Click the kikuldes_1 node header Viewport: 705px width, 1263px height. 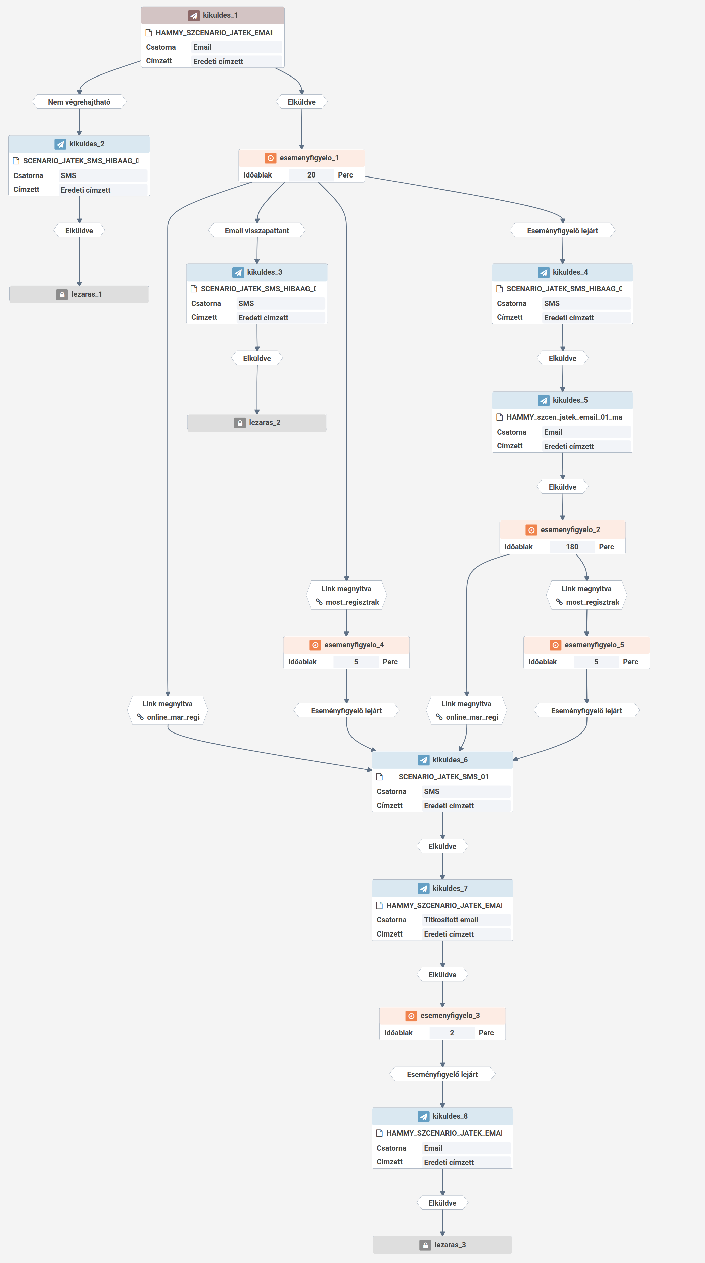[213, 15]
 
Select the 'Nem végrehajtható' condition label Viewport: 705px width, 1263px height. [79, 102]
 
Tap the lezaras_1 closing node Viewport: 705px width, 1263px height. [79, 294]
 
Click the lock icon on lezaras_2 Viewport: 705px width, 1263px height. [239, 423]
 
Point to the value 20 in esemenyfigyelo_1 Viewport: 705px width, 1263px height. [311, 175]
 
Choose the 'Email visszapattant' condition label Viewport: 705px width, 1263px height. [256, 231]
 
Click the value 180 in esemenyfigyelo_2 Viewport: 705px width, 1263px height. [572, 547]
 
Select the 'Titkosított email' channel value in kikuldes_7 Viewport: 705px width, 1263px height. [451, 920]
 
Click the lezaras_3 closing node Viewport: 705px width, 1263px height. [442, 1244]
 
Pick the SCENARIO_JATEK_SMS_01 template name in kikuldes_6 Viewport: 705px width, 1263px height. [443, 777]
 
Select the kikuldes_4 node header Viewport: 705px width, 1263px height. [562, 272]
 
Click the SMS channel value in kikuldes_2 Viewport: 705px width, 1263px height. [69, 175]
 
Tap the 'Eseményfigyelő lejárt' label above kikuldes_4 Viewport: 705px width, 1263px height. [562, 231]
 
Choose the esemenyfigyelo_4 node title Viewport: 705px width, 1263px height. [354, 645]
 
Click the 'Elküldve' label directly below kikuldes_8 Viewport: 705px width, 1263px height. [442, 1203]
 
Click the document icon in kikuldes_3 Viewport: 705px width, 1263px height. [194, 289]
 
